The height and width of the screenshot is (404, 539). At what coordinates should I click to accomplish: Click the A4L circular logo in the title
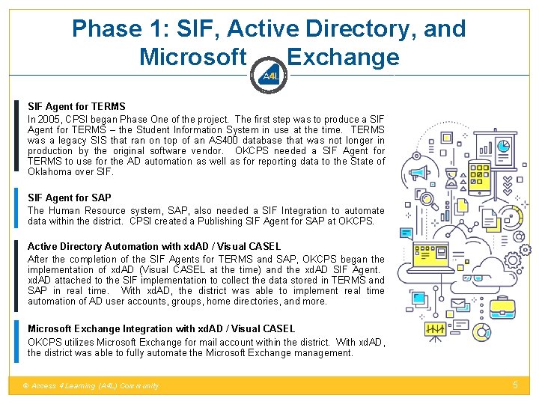coord(269,76)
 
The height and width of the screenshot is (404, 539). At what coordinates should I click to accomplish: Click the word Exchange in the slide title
coord(343,57)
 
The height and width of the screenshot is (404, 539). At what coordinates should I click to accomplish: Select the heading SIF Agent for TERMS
coord(76,107)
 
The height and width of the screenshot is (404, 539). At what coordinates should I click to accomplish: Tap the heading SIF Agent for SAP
coord(70,198)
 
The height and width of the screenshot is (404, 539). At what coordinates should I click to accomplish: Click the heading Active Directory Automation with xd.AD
coord(154,246)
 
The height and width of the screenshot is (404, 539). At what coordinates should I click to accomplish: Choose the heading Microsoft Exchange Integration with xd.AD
coord(161,328)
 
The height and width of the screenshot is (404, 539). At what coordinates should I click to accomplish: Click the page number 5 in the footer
coord(515,385)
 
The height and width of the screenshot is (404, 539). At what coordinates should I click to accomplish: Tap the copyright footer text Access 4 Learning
coord(90,386)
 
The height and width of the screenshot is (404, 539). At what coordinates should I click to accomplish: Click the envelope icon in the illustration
coord(458,302)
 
